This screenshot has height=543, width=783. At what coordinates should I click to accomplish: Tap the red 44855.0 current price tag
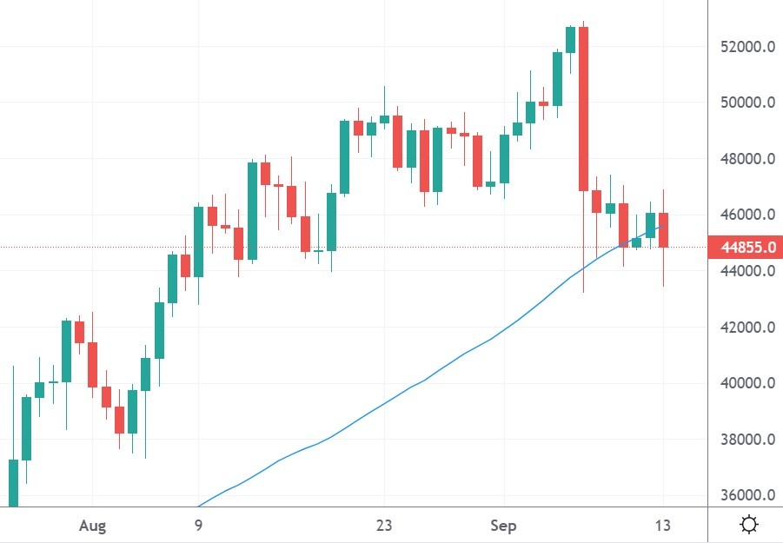745,248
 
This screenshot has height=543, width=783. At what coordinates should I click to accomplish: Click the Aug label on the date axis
91,526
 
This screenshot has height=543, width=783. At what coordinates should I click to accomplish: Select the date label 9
198,526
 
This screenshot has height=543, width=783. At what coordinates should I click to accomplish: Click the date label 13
664,526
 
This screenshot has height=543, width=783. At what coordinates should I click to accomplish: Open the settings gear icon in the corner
748,525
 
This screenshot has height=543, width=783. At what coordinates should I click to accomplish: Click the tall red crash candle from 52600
584,109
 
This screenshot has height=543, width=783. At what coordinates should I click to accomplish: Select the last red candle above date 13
664,230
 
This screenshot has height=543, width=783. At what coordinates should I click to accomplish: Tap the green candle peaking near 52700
570,39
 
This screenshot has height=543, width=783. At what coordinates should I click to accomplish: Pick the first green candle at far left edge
13,482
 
